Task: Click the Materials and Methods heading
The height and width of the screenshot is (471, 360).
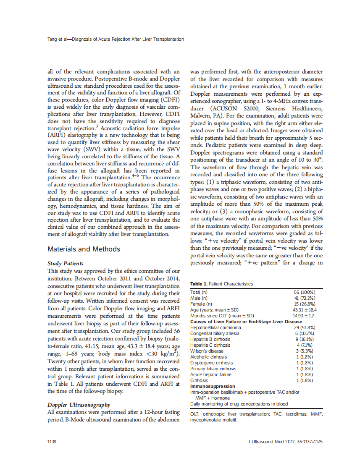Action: (x=84, y=249)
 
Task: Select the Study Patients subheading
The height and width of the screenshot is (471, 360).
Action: (x=65, y=264)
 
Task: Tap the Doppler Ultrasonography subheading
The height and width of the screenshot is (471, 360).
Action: (x=79, y=405)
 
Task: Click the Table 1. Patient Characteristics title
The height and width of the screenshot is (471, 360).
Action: (x=221, y=284)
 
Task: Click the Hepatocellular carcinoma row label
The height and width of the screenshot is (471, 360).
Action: (x=215, y=327)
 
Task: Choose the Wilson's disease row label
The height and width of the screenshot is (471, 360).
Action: (x=207, y=351)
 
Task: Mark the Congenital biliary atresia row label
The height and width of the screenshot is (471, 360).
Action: (x=215, y=333)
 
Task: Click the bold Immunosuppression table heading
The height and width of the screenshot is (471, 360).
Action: (x=213, y=386)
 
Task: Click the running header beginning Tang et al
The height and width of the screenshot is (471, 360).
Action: (x=116, y=39)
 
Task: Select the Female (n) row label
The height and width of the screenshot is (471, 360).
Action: (x=201, y=304)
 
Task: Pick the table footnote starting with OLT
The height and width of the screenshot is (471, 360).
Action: (x=256, y=417)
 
